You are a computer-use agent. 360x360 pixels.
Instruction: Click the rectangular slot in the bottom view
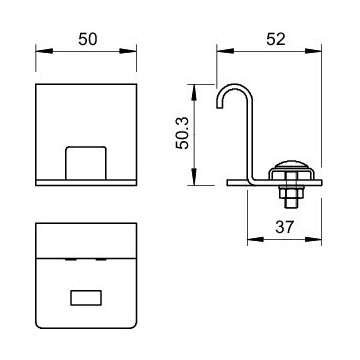[x=84, y=298]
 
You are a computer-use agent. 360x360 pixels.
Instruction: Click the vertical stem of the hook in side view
[x=248, y=140]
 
